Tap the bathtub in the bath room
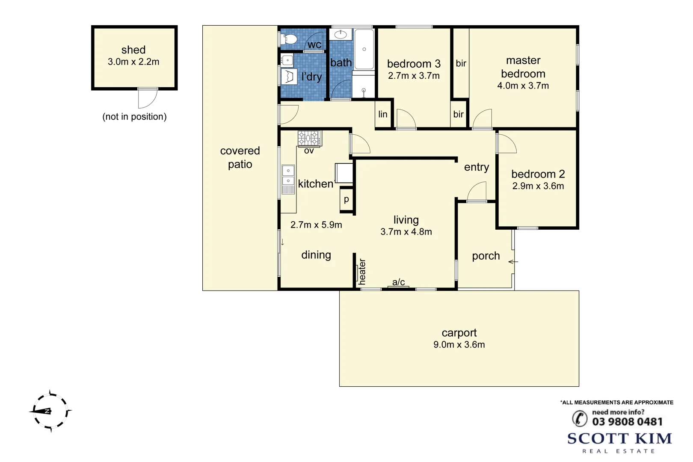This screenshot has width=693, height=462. pyautogui.click(x=364, y=49)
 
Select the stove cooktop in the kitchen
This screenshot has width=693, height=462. pyautogui.click(x=309, y=138)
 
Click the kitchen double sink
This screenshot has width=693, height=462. pyautogui.click(x=288, y=175)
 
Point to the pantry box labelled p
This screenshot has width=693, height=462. pyautogui.click(x=346, y=199)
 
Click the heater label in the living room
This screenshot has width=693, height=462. pyautogui.click(x=362, y=272)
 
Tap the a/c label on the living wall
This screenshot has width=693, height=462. pyautogui.click(x=398, y=282)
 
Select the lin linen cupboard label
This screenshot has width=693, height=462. pyautogui.click(x=383, y=114)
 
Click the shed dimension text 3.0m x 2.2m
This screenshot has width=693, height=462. pyautogui.click(x=133, y=62)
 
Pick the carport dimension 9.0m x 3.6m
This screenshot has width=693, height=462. pyautogui.click(x=459, y=344)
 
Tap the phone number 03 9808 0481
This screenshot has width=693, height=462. pyautogui.click(x=627, y=422)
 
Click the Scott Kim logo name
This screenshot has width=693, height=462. pyautogui.click(x=619, y=438)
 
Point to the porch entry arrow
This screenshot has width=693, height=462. pyautogui.click(x=513, y=261)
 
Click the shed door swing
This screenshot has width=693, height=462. pyautogui.click(x=148, y=98)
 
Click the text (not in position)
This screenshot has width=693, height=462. pyautogui.click(x=134, y=117)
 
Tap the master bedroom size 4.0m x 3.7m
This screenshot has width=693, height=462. pyautogui.click(x=523, y=86)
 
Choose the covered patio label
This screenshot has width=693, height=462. pyautogui.click(x=240, y=157)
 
